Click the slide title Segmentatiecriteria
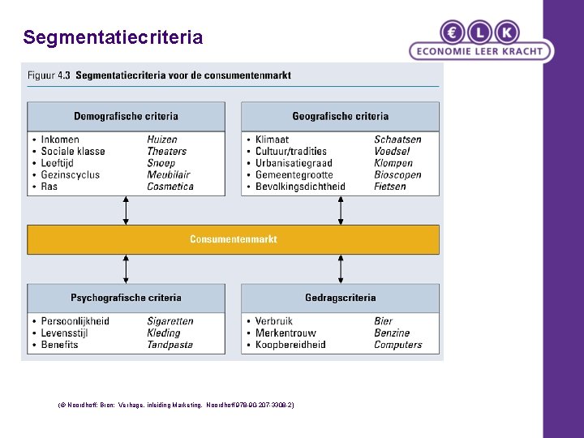pos(113,37)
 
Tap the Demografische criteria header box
pos(126,116)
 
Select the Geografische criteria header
pos(340,116)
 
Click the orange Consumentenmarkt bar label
pos(234,239)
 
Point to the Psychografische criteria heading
pos(126,298)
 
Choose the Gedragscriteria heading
pos(340,298)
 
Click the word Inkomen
pos(60,140)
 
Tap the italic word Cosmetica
pos(170,187)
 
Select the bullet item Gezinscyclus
pos(71,174)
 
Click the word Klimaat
pos(272,140)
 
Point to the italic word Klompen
pos(393,163)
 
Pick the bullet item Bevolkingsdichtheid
pos(300,187)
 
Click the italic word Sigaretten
pos(170,321)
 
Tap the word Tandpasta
pos(170,345)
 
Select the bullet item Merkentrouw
pos(286,333)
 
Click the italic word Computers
pos(398,345)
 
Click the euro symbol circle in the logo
pos(452,32)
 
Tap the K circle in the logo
pos(507,32)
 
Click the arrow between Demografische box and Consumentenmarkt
pos(126,210)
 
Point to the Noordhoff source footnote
pos(177,404)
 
